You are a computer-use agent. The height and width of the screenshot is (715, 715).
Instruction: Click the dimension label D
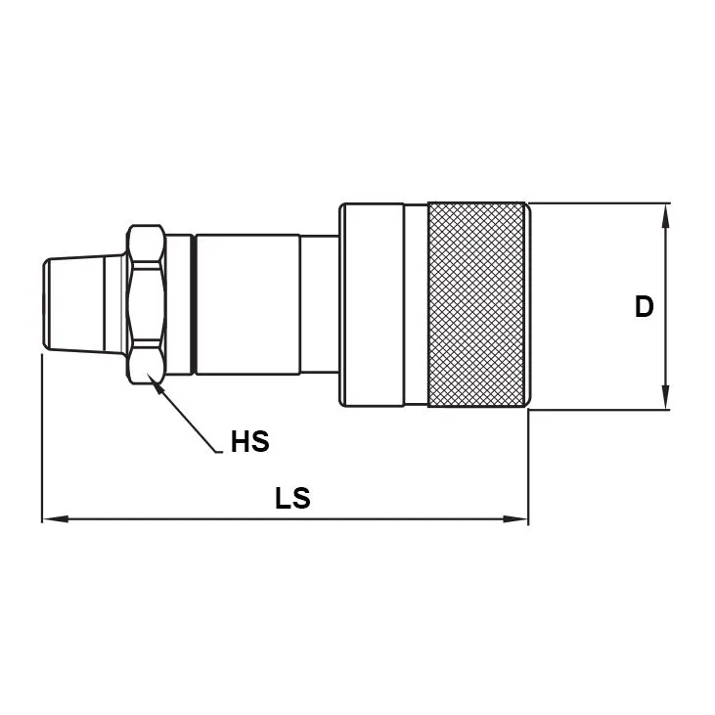coord(643,306)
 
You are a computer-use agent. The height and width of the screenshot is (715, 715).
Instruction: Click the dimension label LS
coord(291,498)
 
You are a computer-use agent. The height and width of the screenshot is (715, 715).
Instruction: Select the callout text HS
coord(249,442)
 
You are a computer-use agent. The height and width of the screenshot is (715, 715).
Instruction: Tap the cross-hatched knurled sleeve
coord(478,304)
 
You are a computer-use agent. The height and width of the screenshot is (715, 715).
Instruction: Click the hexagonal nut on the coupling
coord(145,304)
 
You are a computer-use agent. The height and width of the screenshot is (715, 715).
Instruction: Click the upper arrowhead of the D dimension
coord(667,214)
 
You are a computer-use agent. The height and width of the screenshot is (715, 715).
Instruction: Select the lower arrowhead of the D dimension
coord(667,398)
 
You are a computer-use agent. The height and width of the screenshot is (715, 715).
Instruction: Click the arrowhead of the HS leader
coord(154,383)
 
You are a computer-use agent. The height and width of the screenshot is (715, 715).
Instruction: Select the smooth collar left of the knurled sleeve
coord(371,304)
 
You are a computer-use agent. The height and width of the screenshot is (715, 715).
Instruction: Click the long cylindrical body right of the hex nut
coord(246,304)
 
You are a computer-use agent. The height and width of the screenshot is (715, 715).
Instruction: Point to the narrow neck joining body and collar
coord(319,304)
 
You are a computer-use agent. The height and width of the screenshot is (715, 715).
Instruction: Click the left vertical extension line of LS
coord(42,440)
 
